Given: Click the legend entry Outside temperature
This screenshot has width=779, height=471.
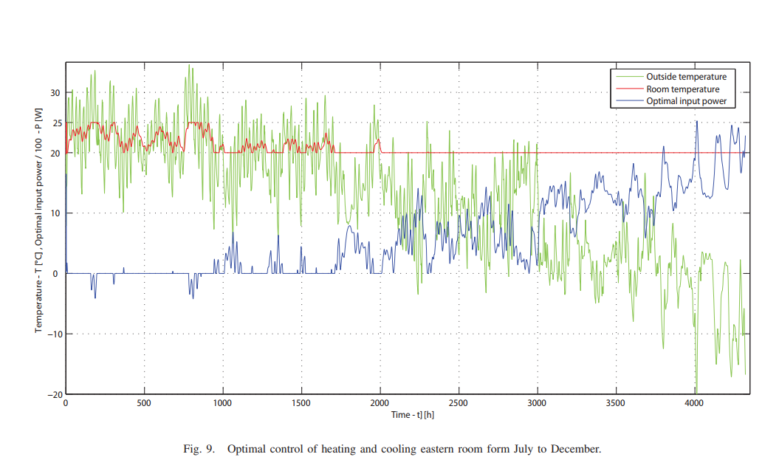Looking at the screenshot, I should (686, 77).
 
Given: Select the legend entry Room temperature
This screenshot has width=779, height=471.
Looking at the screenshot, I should (682, 89).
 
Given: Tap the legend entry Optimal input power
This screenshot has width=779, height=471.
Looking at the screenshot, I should (686, 102).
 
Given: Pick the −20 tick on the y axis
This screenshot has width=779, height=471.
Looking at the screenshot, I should (53, 393).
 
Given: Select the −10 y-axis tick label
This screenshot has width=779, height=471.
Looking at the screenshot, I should (53, 334).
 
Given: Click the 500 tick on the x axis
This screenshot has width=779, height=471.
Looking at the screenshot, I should (144, 402).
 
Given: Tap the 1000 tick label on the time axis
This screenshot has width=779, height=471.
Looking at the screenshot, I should (223, 402).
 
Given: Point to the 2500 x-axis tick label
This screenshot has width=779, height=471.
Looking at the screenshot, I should (459, 402).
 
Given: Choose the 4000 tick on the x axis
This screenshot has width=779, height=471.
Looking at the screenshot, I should (694, 402).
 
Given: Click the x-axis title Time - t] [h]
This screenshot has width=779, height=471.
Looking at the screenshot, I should (412, 414).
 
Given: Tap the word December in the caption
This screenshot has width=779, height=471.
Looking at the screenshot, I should (578, 448).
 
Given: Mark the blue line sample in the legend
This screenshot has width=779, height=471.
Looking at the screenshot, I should (627, 102).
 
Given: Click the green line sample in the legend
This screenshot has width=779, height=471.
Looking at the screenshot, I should (627, 77).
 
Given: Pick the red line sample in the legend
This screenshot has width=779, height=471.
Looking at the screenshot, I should (627, 89).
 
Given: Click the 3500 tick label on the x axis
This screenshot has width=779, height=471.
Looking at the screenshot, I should (616, 402).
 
